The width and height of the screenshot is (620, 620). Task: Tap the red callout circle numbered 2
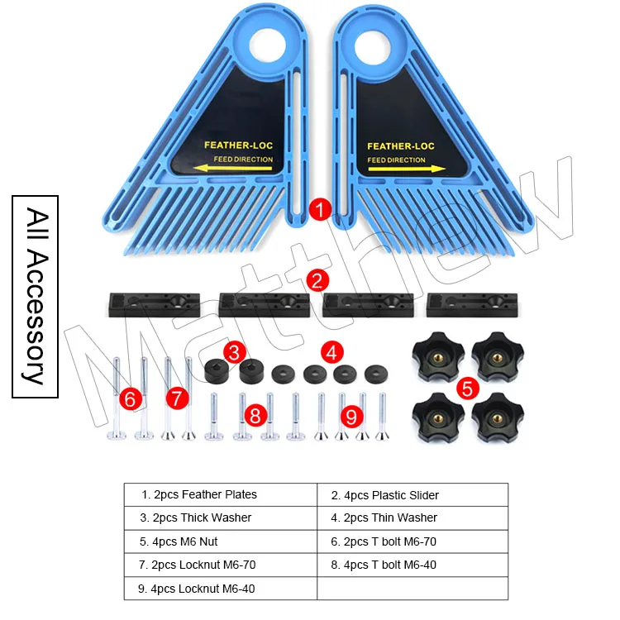[x=317, y=280]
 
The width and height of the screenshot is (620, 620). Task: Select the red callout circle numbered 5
[x=467, y=386]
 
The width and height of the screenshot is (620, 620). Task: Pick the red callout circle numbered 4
[x=331, y=352]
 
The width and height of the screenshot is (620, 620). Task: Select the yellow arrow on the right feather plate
[x=401, y=169]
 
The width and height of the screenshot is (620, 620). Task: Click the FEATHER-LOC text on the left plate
[x=238, y=145]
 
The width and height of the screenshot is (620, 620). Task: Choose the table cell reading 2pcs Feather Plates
[x=221, y=494]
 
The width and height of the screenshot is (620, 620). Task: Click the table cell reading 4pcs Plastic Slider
[x=412, y=495]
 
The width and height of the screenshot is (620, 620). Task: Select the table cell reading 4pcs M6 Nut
[x=221, y=541]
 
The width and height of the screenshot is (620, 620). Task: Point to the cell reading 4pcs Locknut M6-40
[x=221, y=588]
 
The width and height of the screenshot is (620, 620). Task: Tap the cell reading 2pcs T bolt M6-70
[x=412, y=541]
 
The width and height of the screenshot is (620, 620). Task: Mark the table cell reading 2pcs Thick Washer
[x=221, y=517]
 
